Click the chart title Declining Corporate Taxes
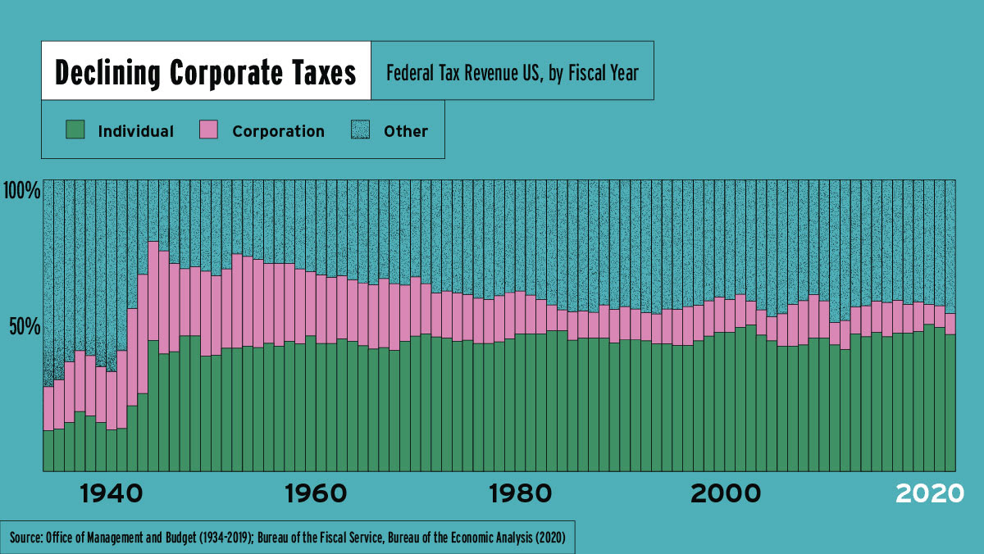[205, 73]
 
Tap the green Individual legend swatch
[75, 129]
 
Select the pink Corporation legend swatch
[209, 129]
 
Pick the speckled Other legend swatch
[361, 129]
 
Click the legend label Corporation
[278, 131]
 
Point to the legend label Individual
[135, 131]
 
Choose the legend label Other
[406, 131]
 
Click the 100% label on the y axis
[22, 192]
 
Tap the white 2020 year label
[928, 494]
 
